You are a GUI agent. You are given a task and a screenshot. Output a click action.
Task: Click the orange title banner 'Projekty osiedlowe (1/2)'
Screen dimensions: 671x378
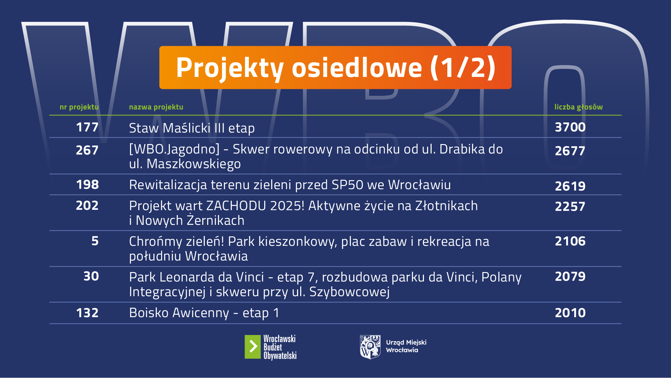335,67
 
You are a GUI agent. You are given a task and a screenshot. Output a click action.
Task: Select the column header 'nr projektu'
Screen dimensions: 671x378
79,107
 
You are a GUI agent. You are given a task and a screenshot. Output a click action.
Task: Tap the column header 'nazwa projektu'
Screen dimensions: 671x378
156,107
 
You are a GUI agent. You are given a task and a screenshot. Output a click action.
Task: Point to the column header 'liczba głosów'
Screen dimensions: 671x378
578,107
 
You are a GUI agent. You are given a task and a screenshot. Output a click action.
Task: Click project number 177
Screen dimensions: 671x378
87,127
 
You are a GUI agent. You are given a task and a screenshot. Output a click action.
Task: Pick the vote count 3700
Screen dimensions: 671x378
570,127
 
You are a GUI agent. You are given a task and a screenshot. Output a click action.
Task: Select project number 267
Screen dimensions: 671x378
87,150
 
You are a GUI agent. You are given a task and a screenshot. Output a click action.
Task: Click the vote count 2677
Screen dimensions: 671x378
570,151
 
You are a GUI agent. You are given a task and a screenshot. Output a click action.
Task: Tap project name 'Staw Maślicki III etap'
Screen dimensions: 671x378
192,128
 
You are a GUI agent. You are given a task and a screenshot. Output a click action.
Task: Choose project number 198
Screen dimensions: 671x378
87,185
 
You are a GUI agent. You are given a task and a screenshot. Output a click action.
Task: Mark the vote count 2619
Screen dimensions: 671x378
570,186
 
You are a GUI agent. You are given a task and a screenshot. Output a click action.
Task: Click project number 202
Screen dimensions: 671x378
87,206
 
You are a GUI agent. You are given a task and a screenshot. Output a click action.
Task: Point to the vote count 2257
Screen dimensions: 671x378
570,207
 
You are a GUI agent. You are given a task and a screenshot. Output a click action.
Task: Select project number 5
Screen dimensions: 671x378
95,241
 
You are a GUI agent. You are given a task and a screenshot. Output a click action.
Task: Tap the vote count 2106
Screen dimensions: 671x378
570,241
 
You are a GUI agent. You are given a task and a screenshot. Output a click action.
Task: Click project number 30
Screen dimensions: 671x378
91,277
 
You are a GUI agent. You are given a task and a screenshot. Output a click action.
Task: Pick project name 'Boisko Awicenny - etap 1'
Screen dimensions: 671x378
204,313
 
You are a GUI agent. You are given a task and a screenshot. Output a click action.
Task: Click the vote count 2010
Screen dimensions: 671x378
570,313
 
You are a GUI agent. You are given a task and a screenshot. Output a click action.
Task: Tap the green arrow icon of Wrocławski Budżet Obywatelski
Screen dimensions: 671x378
253,347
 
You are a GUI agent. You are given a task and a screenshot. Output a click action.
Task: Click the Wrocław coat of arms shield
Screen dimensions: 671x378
370,347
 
